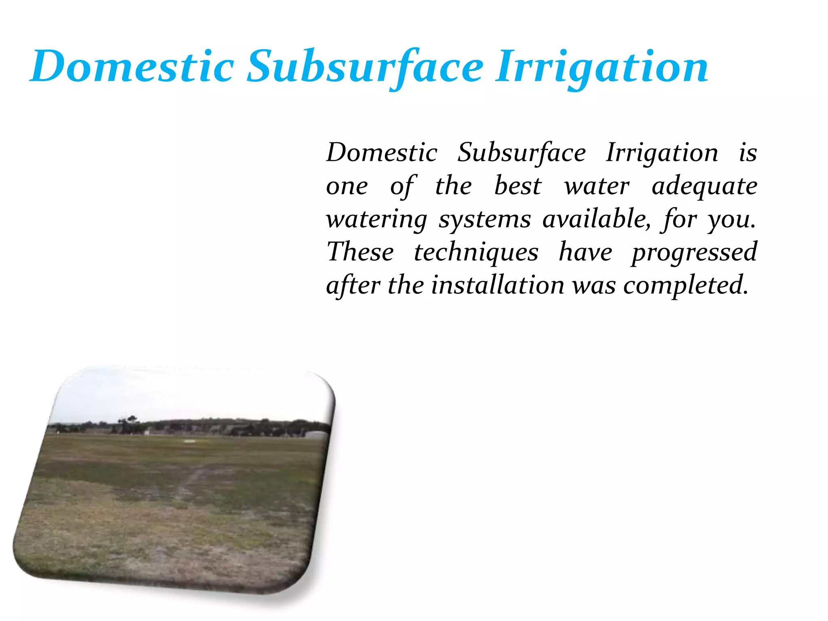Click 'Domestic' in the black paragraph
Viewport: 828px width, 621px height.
(x=382, y=153)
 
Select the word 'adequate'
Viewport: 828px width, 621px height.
(x=704, y=187)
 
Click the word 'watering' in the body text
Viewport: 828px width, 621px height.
(x=376, y=220)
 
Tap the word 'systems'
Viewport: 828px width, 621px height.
(x=484, y=220)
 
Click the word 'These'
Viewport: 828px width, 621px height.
(x=360, y=252)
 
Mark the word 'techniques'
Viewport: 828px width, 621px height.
(x=476, y=253)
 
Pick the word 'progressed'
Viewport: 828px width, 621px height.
(x=694, y=253)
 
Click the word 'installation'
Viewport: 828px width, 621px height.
(x=497, y=285)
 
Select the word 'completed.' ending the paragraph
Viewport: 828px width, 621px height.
(x=686, y=286)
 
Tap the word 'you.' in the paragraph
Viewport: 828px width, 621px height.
(x=731, y=220)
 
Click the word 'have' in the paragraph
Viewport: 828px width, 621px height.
(x=585, y=252)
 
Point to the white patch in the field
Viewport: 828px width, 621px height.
(x=189, y=441)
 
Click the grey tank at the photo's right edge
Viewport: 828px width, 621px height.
(x=317, y=435)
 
